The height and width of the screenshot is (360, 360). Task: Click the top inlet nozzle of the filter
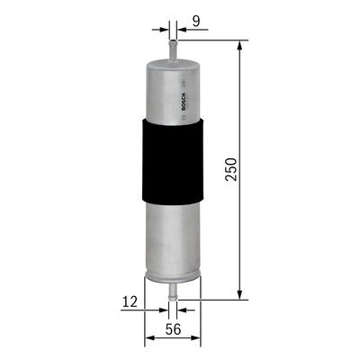coord(172,46)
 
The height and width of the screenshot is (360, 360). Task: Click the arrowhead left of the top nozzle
coord(165,28)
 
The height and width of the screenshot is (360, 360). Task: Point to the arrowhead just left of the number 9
coord(180,28)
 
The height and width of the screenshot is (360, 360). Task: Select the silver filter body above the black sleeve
coord(166,90)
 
